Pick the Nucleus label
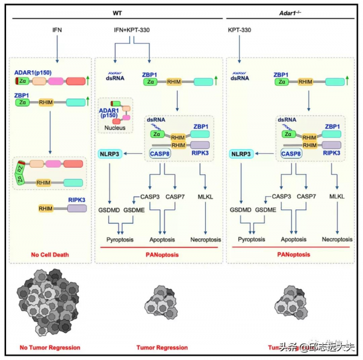114,128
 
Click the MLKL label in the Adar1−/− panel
336,196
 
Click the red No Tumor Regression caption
50,347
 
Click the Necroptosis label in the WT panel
206,238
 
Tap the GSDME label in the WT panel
134,209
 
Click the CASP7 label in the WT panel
175,197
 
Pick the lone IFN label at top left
57,29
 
